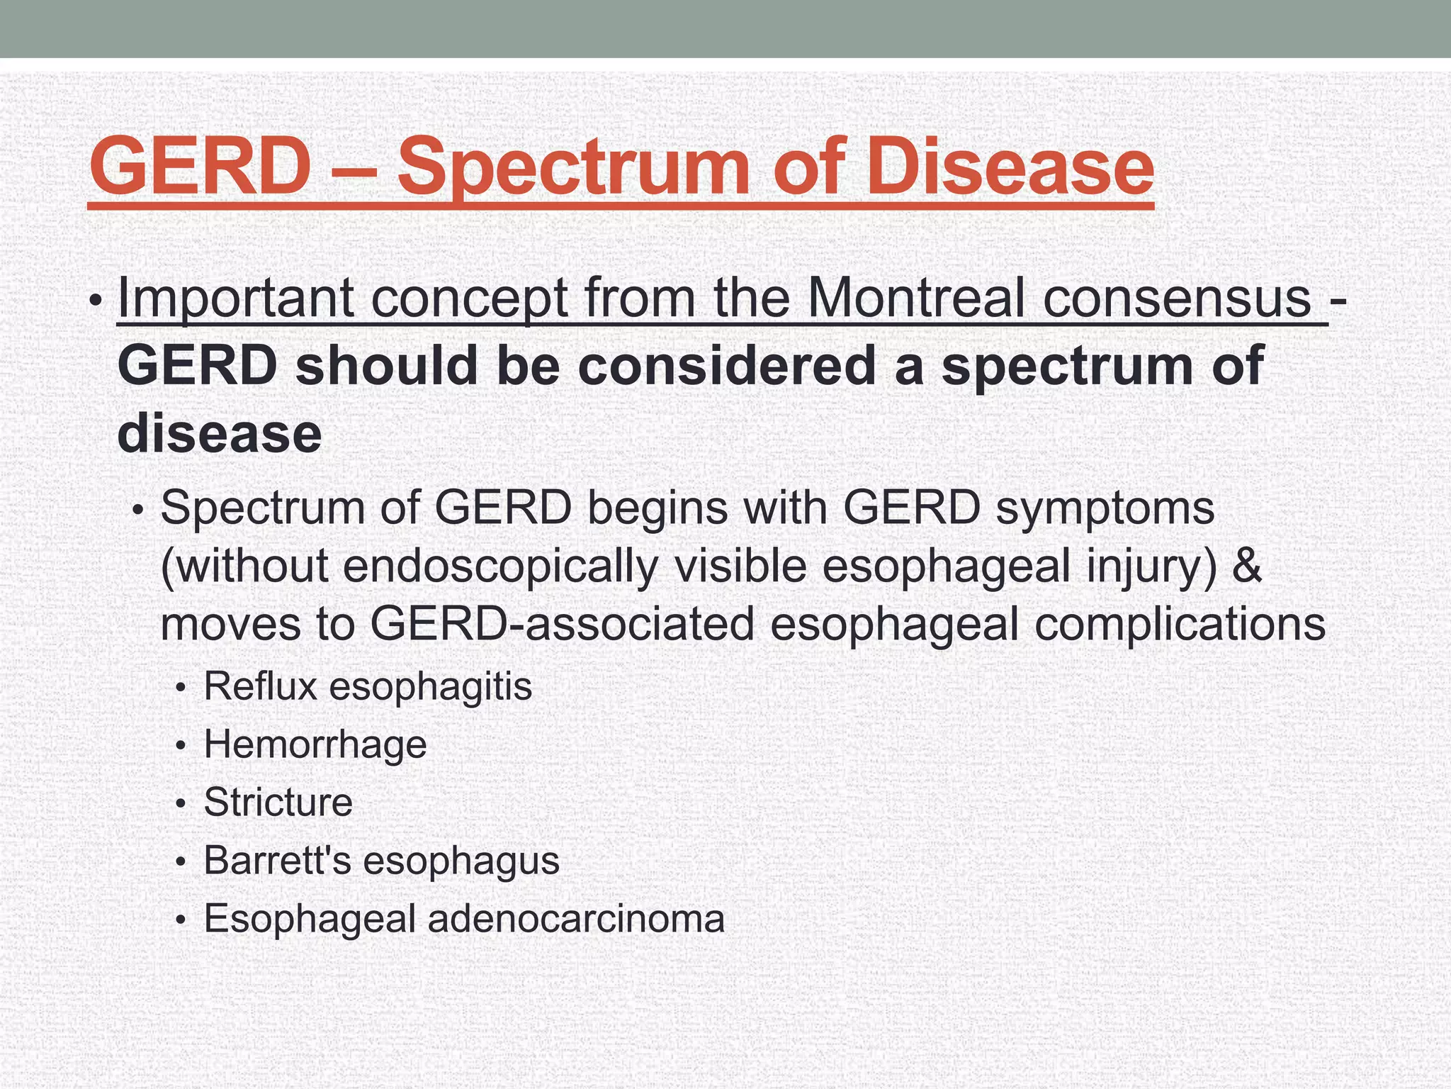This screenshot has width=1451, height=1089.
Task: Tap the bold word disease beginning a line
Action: pos(219,433)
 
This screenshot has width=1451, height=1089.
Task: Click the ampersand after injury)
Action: pos(1247,566)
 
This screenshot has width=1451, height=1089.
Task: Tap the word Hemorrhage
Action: pos(315,744)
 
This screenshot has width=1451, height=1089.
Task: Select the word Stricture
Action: pos(278,803)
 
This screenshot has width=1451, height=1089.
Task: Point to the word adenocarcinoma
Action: pos(576,919)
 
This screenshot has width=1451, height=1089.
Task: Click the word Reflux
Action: pos(260,686)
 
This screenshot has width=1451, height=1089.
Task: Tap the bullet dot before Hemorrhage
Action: pos(181,747)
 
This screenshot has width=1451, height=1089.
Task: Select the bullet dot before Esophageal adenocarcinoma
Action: pos(181,921)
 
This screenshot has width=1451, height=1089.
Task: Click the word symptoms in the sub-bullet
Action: pos(1105,508)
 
